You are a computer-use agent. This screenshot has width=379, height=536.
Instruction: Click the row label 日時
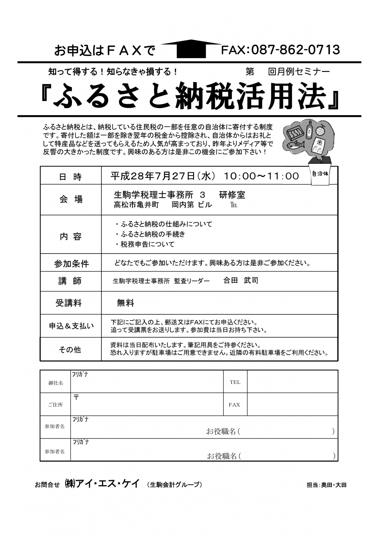[x=70, y=177]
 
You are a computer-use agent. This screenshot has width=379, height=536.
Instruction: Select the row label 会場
[x=71, y=199]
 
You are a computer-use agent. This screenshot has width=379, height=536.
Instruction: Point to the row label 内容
[x=70, y=237]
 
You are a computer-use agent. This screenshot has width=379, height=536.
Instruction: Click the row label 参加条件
[x=71, y=263]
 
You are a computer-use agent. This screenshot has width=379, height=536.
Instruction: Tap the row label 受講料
[x=69, y=303]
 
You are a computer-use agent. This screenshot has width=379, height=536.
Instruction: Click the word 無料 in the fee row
[x=126, y=303]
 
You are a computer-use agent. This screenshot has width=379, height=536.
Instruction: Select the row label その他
[x=70, y=350]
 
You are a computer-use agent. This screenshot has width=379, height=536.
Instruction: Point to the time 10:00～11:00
[x=261, y=176]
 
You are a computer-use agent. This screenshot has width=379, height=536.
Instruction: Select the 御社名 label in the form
[x=56, y=383]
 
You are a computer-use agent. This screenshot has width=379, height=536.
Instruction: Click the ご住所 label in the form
[x=55, y=405]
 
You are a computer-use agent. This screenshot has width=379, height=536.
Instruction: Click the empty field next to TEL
[x=292, y=382]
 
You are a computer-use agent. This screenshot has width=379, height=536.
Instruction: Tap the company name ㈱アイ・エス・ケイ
[x=102, y=484]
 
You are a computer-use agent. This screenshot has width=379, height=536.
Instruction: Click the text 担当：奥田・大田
[x=326, y=485]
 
